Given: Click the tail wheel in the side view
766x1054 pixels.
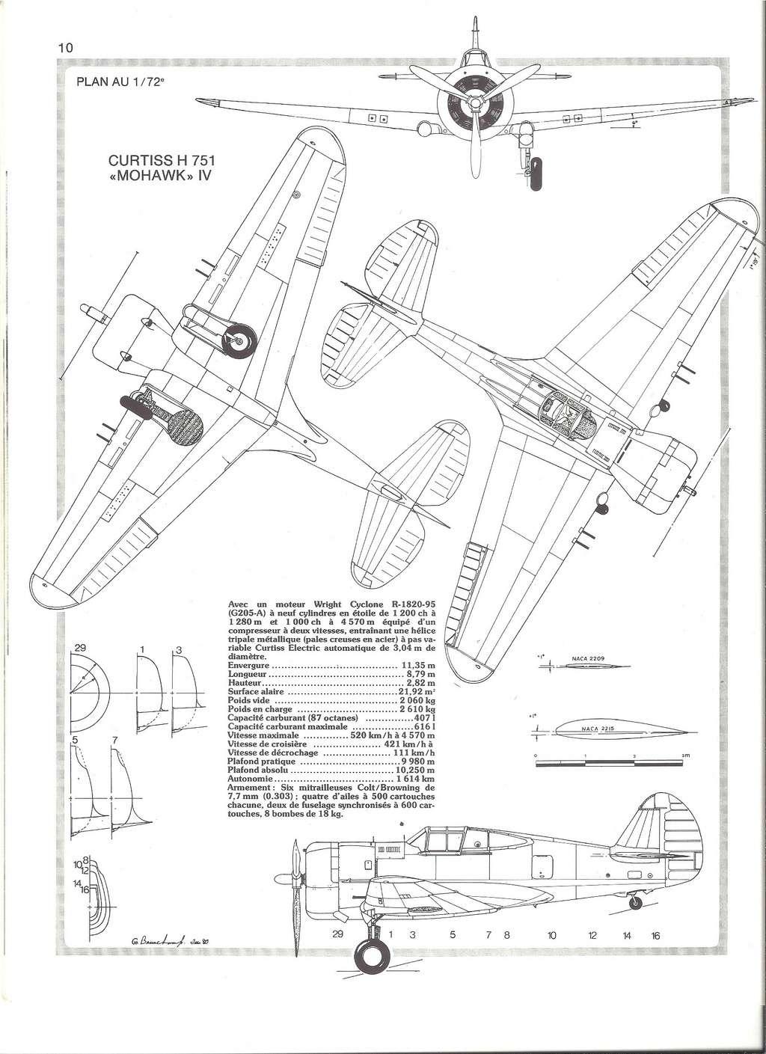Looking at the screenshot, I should [636, 903].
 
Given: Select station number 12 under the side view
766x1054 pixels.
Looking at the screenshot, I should [592, 935].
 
